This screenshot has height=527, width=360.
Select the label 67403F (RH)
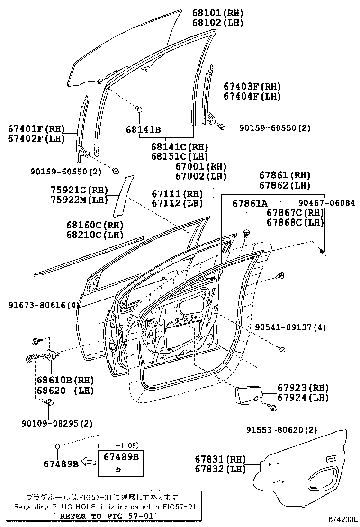click(x=252, y=86)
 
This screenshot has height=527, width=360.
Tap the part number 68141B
click(x=143, y=129)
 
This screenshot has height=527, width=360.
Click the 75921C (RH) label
click(x=79, y=189)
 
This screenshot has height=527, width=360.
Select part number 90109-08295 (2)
click(x=51, y=423)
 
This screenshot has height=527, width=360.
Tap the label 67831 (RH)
click(x=220, y=459)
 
